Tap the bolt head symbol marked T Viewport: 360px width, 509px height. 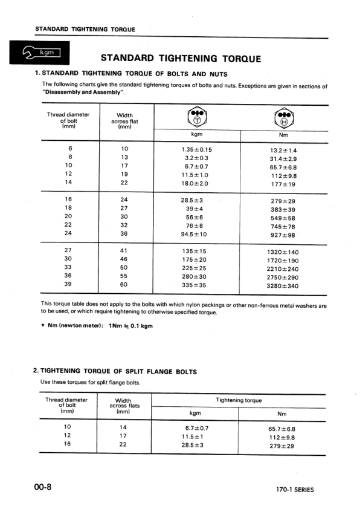tap(198, 117)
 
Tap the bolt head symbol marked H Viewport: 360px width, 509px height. tap(283, 117)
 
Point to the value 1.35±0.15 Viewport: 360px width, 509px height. tap(197, 150)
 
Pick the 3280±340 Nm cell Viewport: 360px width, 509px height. tap(283, 287)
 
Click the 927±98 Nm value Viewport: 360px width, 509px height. tap(283, 234)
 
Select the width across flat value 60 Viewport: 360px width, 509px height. tap(124, 284)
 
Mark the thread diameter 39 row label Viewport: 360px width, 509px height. tap(68, 284)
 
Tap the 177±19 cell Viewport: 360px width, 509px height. tap(283, 185)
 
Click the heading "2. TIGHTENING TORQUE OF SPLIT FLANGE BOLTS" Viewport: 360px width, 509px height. tap(115, 371)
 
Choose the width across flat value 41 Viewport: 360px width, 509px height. tap(124, 250)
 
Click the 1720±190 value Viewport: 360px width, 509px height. tap(283, 261)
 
